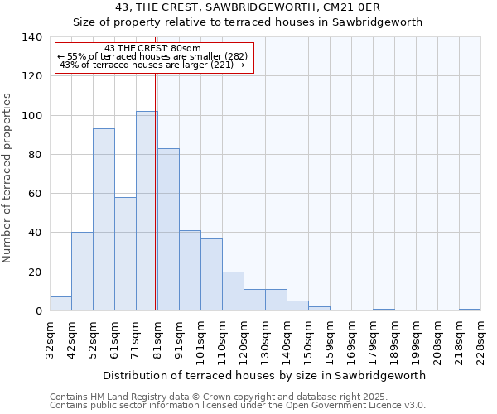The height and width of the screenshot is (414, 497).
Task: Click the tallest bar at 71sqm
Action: point(147,211)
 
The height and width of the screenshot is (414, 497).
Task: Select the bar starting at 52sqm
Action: point(104,219)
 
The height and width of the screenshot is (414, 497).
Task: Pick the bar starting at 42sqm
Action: point(82,272)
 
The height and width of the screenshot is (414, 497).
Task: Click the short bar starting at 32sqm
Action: point(60,304)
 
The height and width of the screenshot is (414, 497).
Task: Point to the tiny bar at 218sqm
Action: point(470,310)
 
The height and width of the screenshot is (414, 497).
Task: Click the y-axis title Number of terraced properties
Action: point(8,178)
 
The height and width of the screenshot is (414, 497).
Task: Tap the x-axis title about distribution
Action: point(265,375)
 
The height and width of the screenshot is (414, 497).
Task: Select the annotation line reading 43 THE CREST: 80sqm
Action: point(153,48)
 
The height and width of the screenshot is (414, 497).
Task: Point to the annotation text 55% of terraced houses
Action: point(153,56)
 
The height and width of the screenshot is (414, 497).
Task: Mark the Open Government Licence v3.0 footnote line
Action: point(237,405)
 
